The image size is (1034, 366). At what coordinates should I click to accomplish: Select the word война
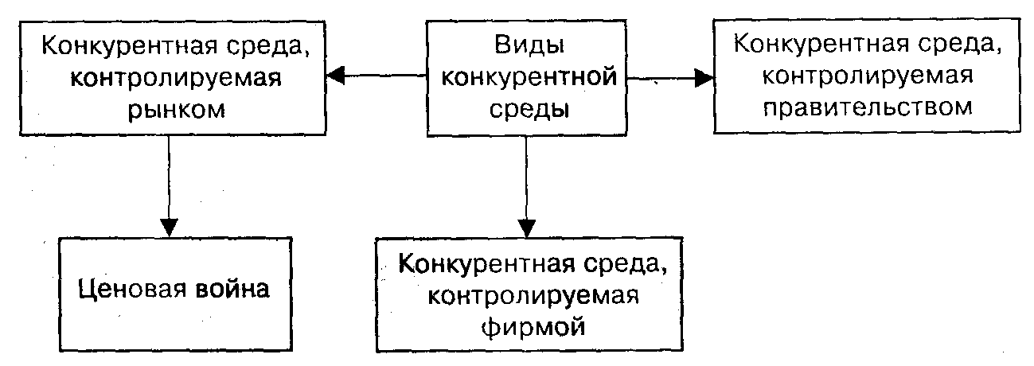(232, 289)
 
